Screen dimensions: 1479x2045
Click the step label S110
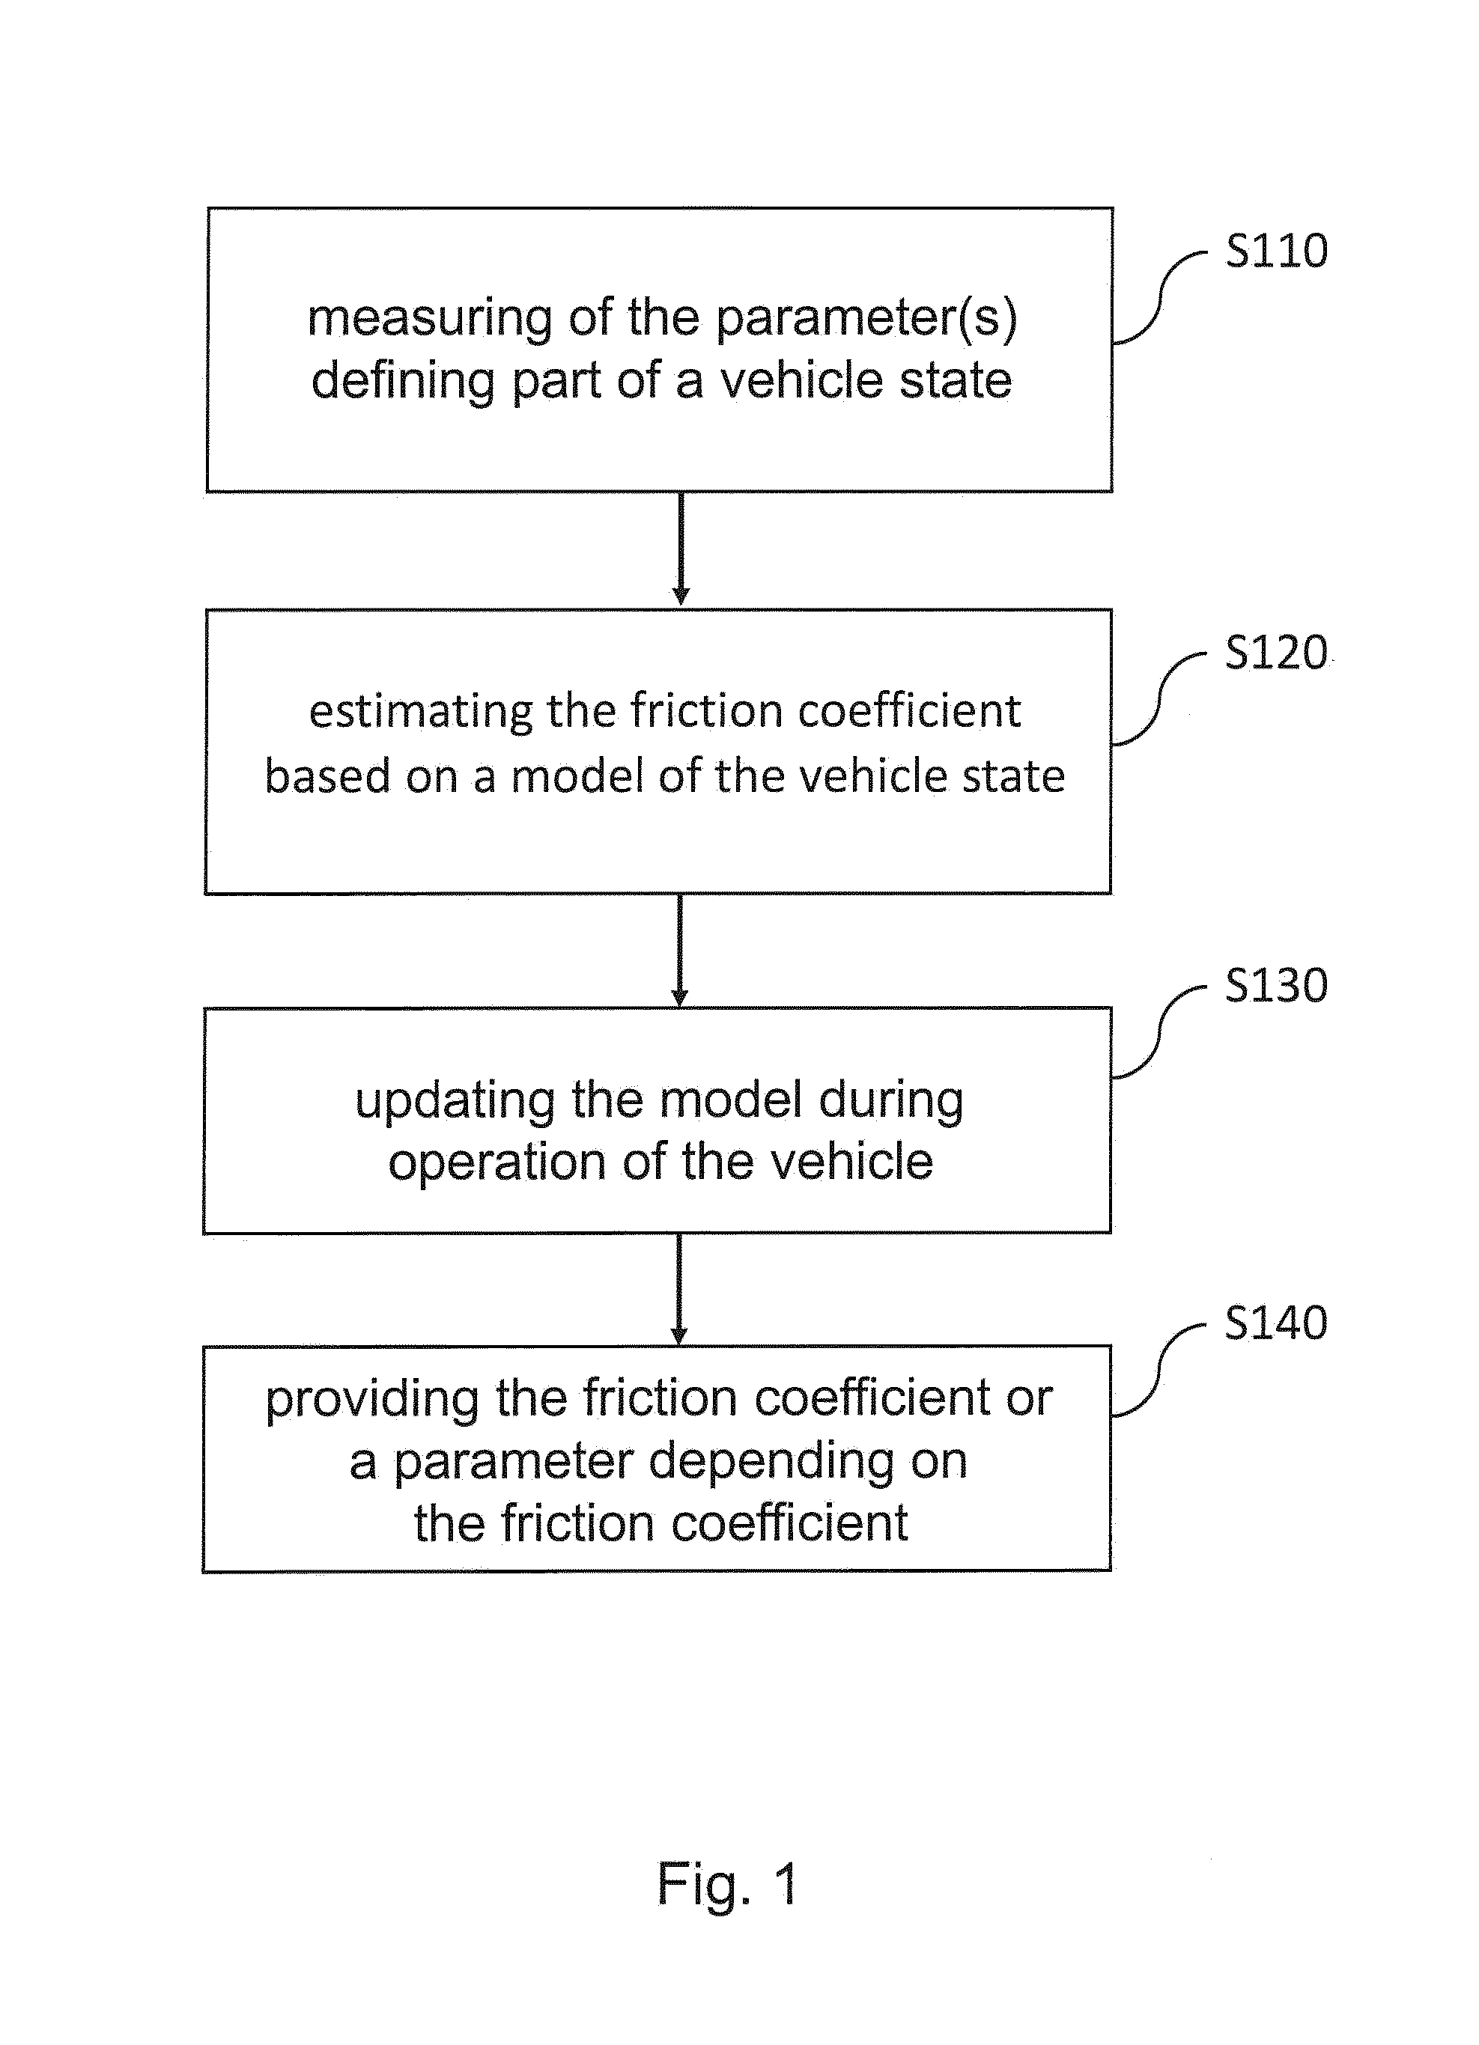point(1276,250)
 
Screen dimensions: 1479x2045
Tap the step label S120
point(1276,651)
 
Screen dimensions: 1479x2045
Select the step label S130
point(1276,984)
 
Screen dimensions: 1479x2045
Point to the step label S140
point(1276,1323)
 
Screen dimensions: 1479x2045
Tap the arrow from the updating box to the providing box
point(679,1290)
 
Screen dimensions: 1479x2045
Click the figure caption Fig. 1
point(728,1886)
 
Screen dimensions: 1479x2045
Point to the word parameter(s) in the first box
point(866,319)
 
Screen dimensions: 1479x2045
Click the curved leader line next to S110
point(1160,299)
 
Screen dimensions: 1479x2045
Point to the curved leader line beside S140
point(1158,1371)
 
